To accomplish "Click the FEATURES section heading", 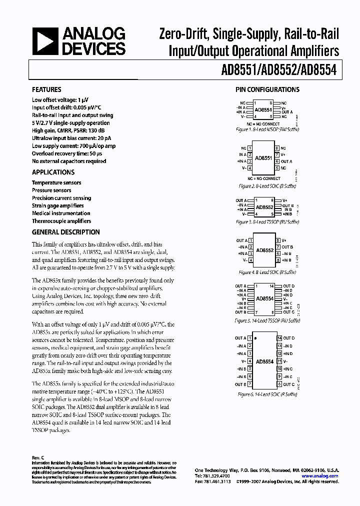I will (x=46, y=90).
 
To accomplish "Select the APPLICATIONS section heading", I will (x=53, y=172).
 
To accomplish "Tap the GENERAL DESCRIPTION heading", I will (x=65, y=232).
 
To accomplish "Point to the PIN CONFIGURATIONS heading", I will (x=267, y=90).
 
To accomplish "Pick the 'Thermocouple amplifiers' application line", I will (x=61, y=221).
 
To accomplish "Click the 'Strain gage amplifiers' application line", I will (x=58, y=205).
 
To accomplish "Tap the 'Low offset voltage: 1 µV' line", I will (x=60, y=100).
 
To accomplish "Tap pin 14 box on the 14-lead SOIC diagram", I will (x=279, y=338).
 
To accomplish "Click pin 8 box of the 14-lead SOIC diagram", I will (x=279, y=384).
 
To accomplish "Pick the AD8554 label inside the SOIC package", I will (x=264, y=361).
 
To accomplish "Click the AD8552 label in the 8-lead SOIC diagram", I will (x=264, y=250).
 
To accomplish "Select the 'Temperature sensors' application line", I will (x=56, y=183).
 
